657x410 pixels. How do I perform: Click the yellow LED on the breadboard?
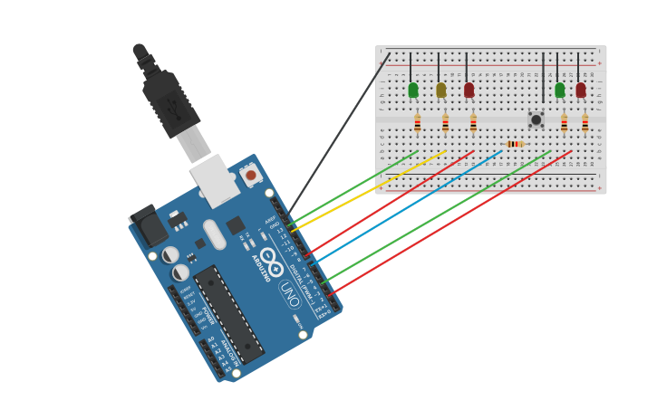pyautogui.click(x=441, y=90)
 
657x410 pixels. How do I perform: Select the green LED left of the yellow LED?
pyautogui.click(x=413, y=90)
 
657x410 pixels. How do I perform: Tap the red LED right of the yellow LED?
pyautogui.click(x=469, y=90)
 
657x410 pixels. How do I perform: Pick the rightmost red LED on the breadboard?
pyautogui.click(x=580, y=90)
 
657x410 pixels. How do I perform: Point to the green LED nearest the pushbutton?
pyautogui.click(x=559, y=90)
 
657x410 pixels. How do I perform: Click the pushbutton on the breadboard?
pyautogui.click(x=536, y=119)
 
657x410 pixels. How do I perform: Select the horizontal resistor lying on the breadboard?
pyautogui.click(x=514, y=144)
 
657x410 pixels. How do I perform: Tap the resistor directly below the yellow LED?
pyautogui.click(x=445, y=123)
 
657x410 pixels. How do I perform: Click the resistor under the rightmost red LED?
pyautogui.click(x=585, y=123)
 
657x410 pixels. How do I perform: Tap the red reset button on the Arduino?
pyautogui.click(x=251, y=175)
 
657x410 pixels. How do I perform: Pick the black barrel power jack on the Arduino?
pyautogui.click(x=148, y=225)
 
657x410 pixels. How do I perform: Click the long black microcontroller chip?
pyautogui.click(x=228, y=313)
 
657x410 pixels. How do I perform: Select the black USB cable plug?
pyautogui.click(x=169, y=101)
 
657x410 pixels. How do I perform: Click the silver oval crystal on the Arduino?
pyautogui.click(x=215, y=234)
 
